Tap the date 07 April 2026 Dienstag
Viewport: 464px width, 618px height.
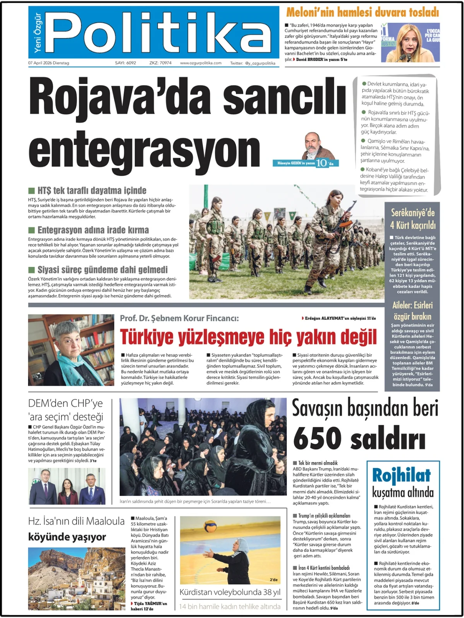pyautogui.click(x=49, y=63)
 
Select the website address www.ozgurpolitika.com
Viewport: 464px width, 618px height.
pyautogui.click(x=201, y=63)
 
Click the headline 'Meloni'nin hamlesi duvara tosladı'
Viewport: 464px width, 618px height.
pyautogui.click(x=362, y=12)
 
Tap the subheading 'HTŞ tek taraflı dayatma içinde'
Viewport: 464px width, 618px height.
pyautogui.click(x=92, y=190)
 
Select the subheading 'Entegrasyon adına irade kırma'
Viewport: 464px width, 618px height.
pyautogui.click(x=93, y=230)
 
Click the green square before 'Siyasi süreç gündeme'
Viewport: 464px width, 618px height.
pyautogui.click(x=32, y=270)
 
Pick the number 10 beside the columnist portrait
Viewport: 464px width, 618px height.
pyautogui.click(x=321, y=163)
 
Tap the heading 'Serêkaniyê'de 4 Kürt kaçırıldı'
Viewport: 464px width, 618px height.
pyautogui.click(x=413, y=219)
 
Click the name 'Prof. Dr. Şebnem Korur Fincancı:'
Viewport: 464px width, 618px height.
pyautogui.click(x=179, y=318)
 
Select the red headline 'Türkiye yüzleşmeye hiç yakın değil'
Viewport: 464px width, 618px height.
pyautogui.click(x=248, y=337)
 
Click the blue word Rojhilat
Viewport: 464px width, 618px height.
pyautogui.click(x=401, y=475)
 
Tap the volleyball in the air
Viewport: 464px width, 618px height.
pyautogui.click(x=210, y=527)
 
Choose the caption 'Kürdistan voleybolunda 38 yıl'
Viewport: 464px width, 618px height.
pyautogui.click(x=230, y=592)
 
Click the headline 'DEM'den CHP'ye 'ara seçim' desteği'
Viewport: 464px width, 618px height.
pyautogui.click(x=66, y=410)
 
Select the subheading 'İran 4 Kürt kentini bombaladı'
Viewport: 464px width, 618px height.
pyautogui.click(x=324, y=568)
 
